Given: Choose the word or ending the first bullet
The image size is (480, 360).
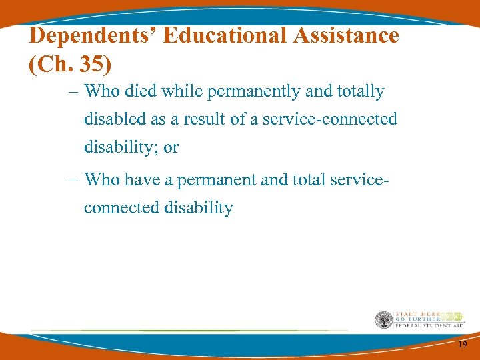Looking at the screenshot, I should pos(171,147).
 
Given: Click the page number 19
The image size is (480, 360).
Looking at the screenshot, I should pos(463,344).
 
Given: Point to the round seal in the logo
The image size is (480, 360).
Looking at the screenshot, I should pos(384,320).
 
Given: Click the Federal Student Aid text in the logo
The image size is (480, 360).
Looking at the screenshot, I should pos(429,326).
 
